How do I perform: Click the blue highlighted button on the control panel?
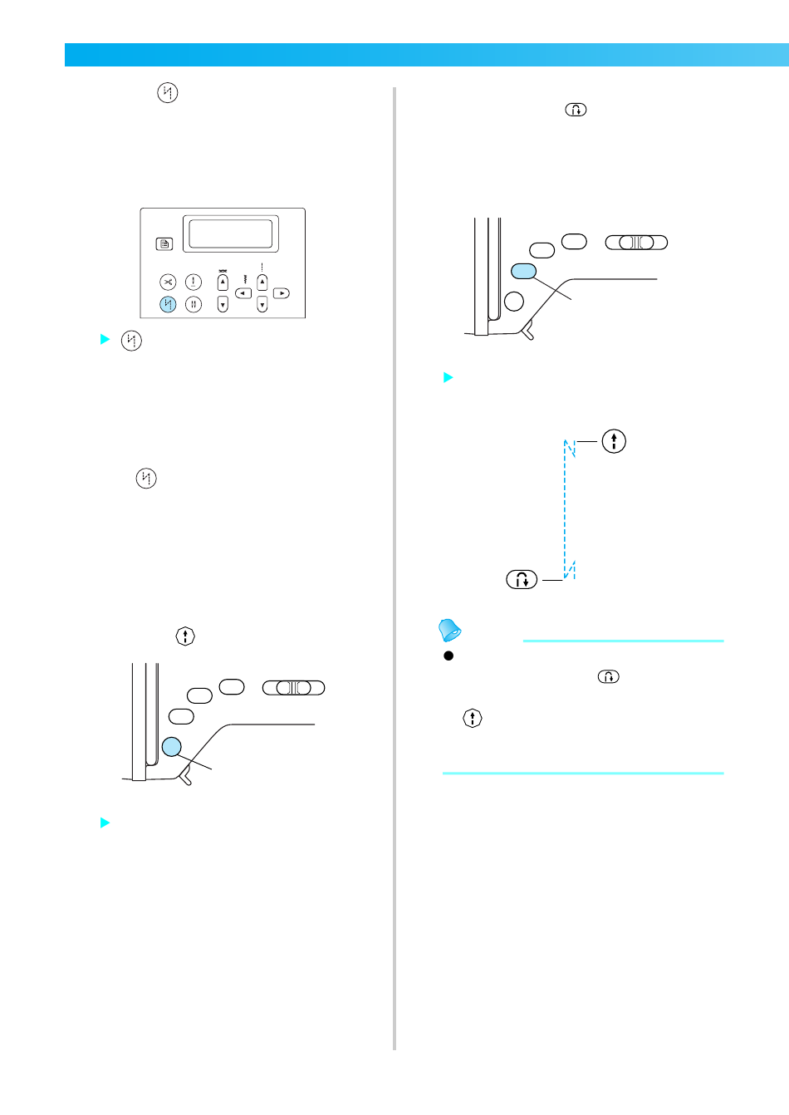(169, 304)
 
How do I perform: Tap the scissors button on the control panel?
(169, 282)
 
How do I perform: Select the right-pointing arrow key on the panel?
(282, 293)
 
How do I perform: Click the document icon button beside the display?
(164, 243)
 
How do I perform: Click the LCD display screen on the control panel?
(231, 233)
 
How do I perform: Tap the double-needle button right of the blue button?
(194, 304)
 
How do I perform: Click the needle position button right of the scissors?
(194, 282)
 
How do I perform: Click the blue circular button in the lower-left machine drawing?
(172, 746)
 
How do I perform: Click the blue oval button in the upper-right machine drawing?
(524, 271)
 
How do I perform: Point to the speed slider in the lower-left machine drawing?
(293, 688)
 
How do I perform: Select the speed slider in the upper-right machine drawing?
(636, 243)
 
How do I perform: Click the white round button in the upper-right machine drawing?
(515, 301)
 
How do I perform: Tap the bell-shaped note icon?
(450, 631)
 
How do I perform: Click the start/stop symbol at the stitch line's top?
(614, 441)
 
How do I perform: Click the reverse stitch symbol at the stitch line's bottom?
(522, 579)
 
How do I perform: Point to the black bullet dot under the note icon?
(448, 656)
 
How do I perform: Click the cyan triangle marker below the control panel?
(105, 339)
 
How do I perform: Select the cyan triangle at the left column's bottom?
(105, 823)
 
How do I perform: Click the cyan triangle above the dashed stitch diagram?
(448, 377)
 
